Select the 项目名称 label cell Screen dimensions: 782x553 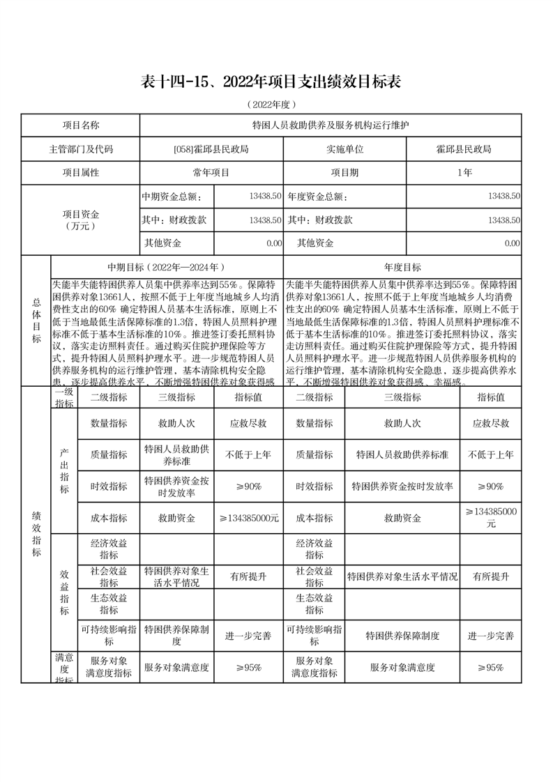click(81, 125)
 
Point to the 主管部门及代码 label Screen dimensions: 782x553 click(81, 149)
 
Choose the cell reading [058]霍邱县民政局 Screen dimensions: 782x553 click(211, 149)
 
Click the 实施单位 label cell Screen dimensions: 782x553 click(344, 149)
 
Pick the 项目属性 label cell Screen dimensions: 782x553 click(81, 172)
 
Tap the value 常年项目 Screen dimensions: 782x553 click(211, 172)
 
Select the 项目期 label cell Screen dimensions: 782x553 click(344, 172)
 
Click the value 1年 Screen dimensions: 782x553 click(464, 172)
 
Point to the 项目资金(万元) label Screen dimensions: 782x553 click(81, 220)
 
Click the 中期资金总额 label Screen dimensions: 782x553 click(172, 197)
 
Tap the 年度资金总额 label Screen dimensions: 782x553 click(317, 197)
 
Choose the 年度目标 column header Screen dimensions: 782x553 click(402, 267)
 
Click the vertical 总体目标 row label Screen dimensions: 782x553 click(36, 321)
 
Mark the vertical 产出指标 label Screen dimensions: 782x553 click(64, 471)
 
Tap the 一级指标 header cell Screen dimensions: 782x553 click(64, 397)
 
